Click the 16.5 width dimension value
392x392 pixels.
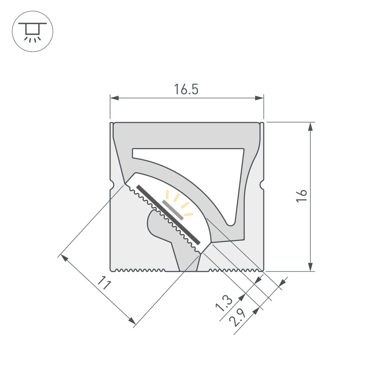pos(186,89)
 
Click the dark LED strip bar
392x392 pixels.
pos(168,215)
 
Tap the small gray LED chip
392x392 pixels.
pos(173,210)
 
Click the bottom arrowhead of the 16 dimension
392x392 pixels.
pos(311,267)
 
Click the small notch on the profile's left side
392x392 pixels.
pos(112,185)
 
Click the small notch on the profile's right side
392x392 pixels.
pos(262,185)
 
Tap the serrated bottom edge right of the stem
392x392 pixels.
pos(235,270)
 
